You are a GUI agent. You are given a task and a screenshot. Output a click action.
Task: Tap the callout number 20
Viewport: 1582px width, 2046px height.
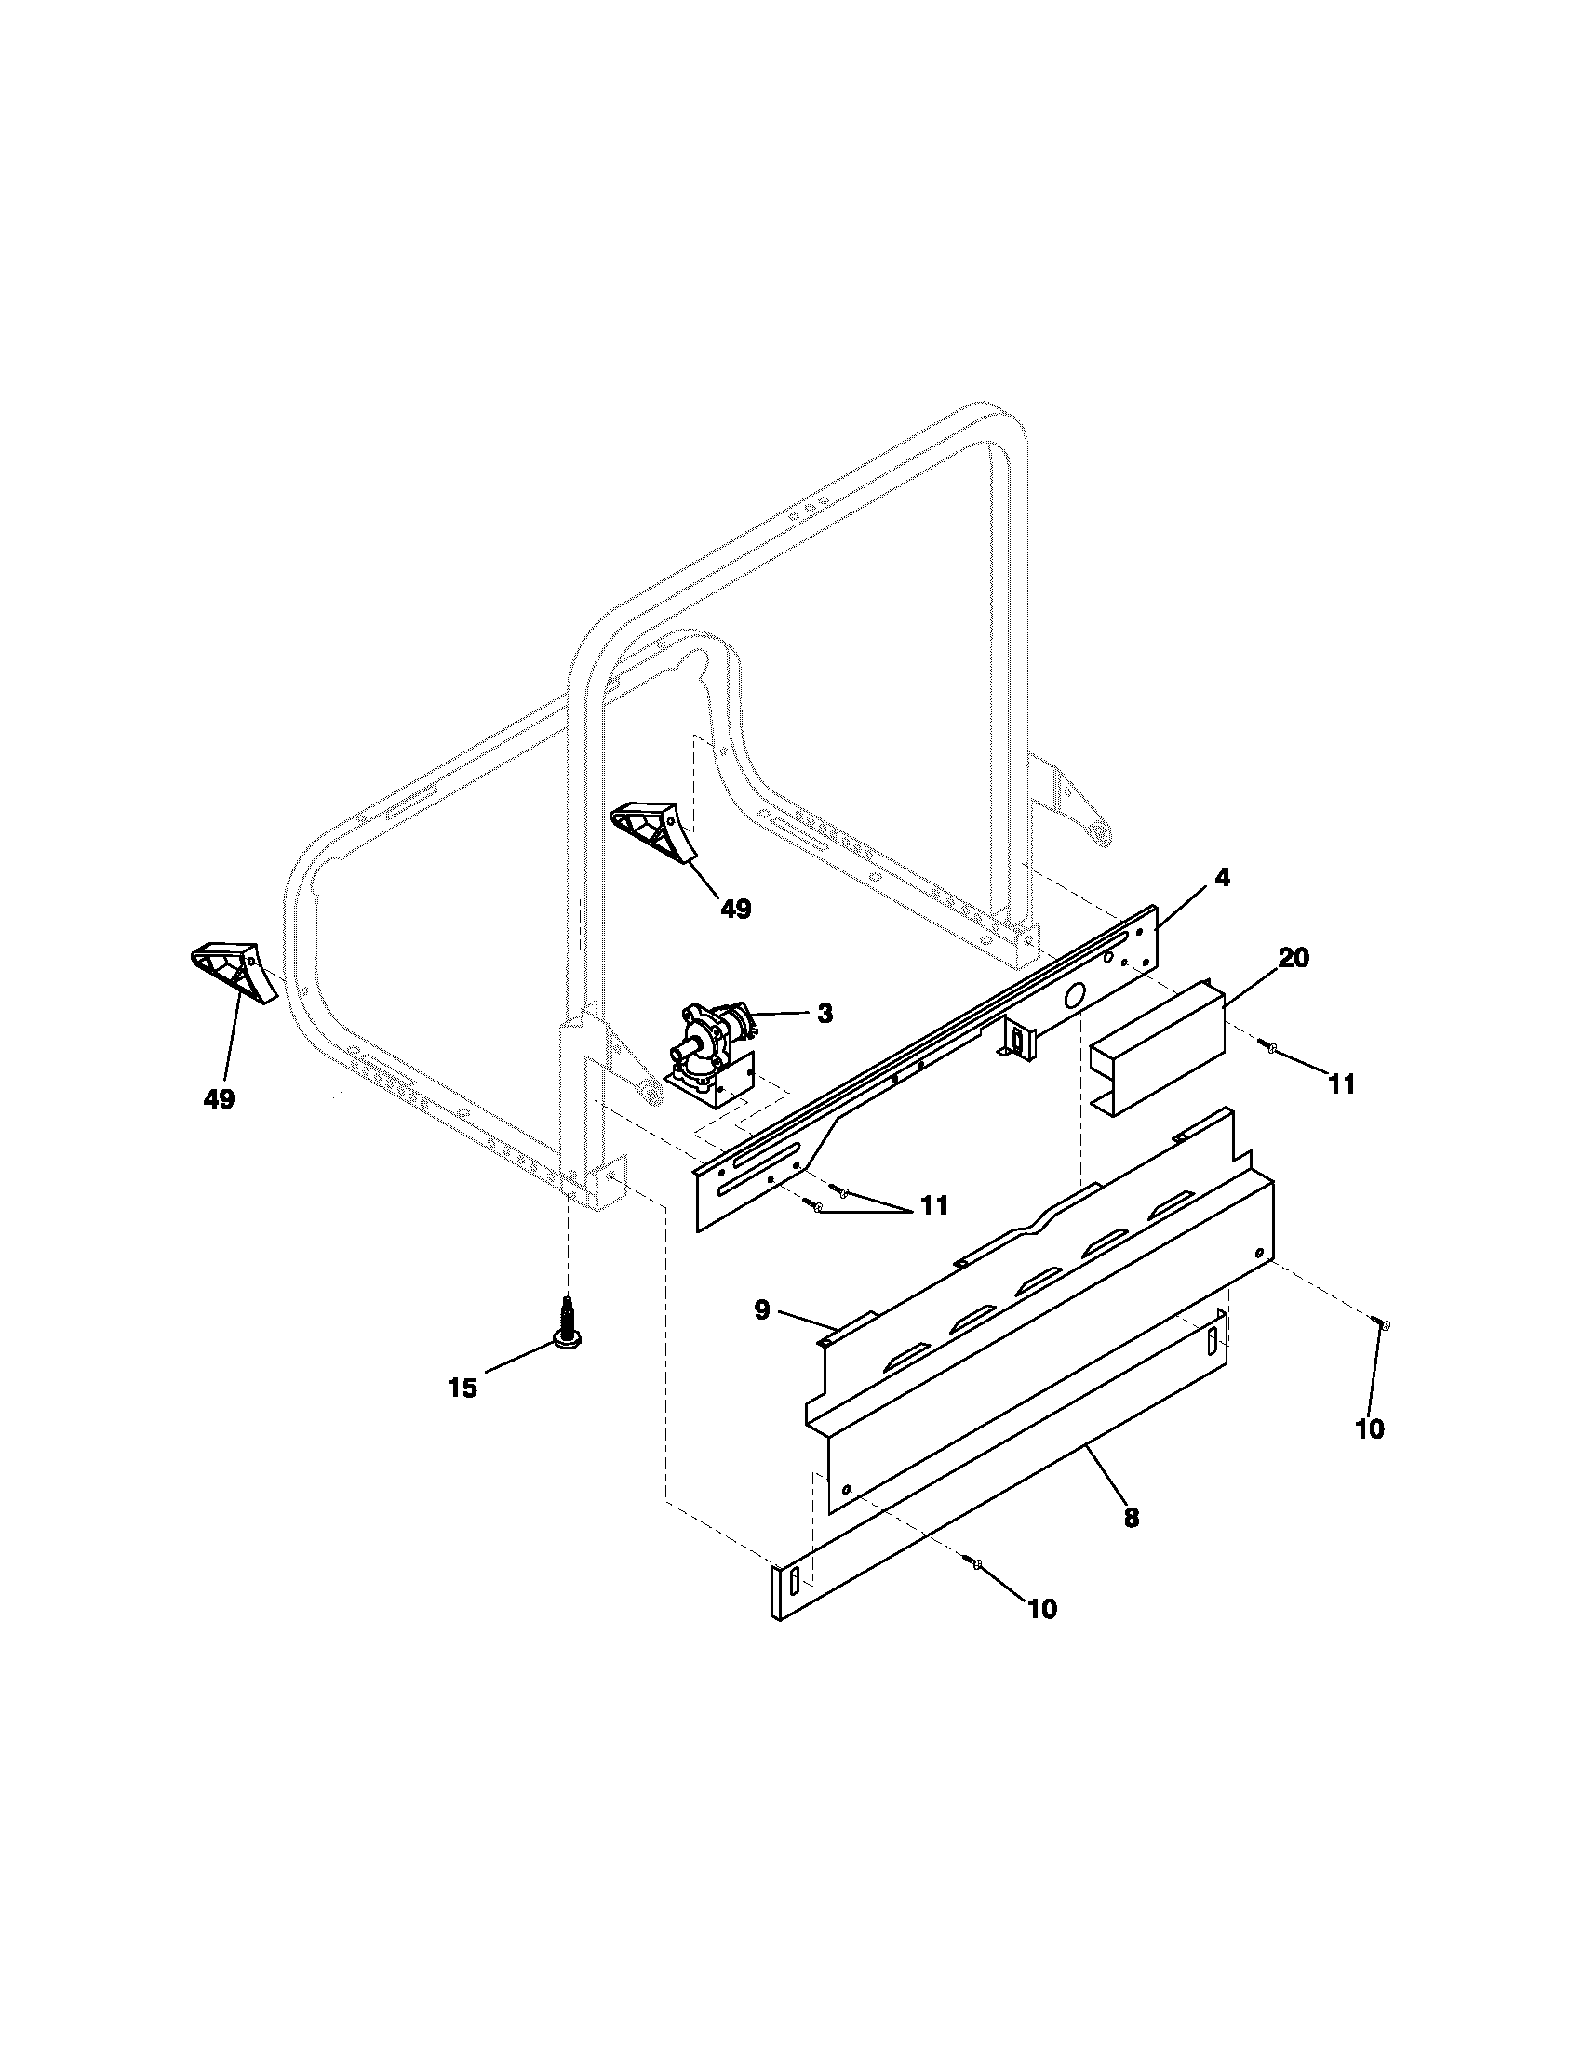[x=1293, y=958]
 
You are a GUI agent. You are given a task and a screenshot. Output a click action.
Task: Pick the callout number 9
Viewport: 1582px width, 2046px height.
[x=762, y=1309]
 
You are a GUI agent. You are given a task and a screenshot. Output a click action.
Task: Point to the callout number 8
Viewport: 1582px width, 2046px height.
[x=1132, y=1518]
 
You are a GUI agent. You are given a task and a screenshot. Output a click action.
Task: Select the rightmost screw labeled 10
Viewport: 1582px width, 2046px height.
[x=1385, y=1323]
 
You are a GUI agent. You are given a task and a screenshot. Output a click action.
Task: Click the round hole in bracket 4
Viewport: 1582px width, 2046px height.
[x=1075, y=994]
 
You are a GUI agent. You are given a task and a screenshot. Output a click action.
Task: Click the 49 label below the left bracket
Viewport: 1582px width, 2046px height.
[x=220, y=1099]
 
